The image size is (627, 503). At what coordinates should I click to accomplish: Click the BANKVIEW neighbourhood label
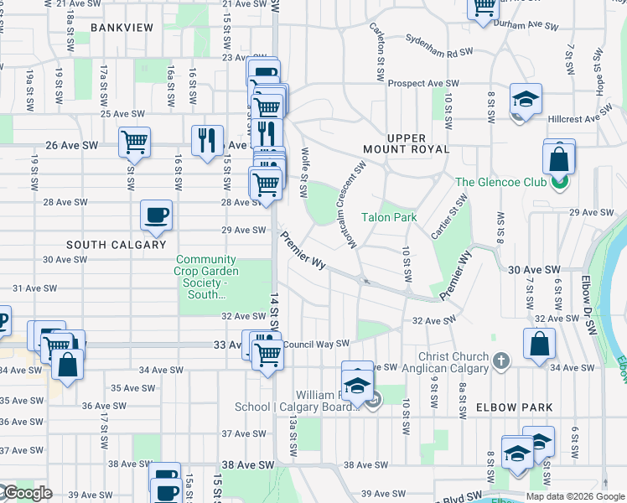(122, 28)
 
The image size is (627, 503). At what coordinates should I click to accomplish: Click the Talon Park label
(389, 217)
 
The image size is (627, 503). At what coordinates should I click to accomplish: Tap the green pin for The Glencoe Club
(561, 182)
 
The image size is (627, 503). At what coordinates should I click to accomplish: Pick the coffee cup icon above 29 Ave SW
(156, 215)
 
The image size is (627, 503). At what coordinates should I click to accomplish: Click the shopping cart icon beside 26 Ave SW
(134, 143)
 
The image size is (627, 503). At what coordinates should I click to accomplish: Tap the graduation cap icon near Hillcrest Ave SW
(525, 101)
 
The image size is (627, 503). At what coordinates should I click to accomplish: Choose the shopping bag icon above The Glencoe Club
(558, 157)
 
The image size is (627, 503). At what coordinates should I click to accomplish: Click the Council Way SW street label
(315, 344)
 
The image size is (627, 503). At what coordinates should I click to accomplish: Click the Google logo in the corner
(27, 493)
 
